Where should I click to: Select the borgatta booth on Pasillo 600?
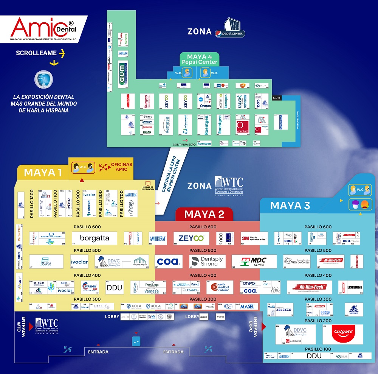(95, 238)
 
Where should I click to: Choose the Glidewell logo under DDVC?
(293, 341)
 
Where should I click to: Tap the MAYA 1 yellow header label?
(43, 173)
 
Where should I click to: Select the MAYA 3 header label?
(290, 206)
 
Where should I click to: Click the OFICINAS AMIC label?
(121, 167)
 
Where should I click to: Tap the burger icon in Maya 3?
(364, 205)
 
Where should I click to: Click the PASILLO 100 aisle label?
(317, 349)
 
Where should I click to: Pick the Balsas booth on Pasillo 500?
(46, 262)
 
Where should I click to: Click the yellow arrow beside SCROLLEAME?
(62, 53)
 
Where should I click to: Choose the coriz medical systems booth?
(220, 287)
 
